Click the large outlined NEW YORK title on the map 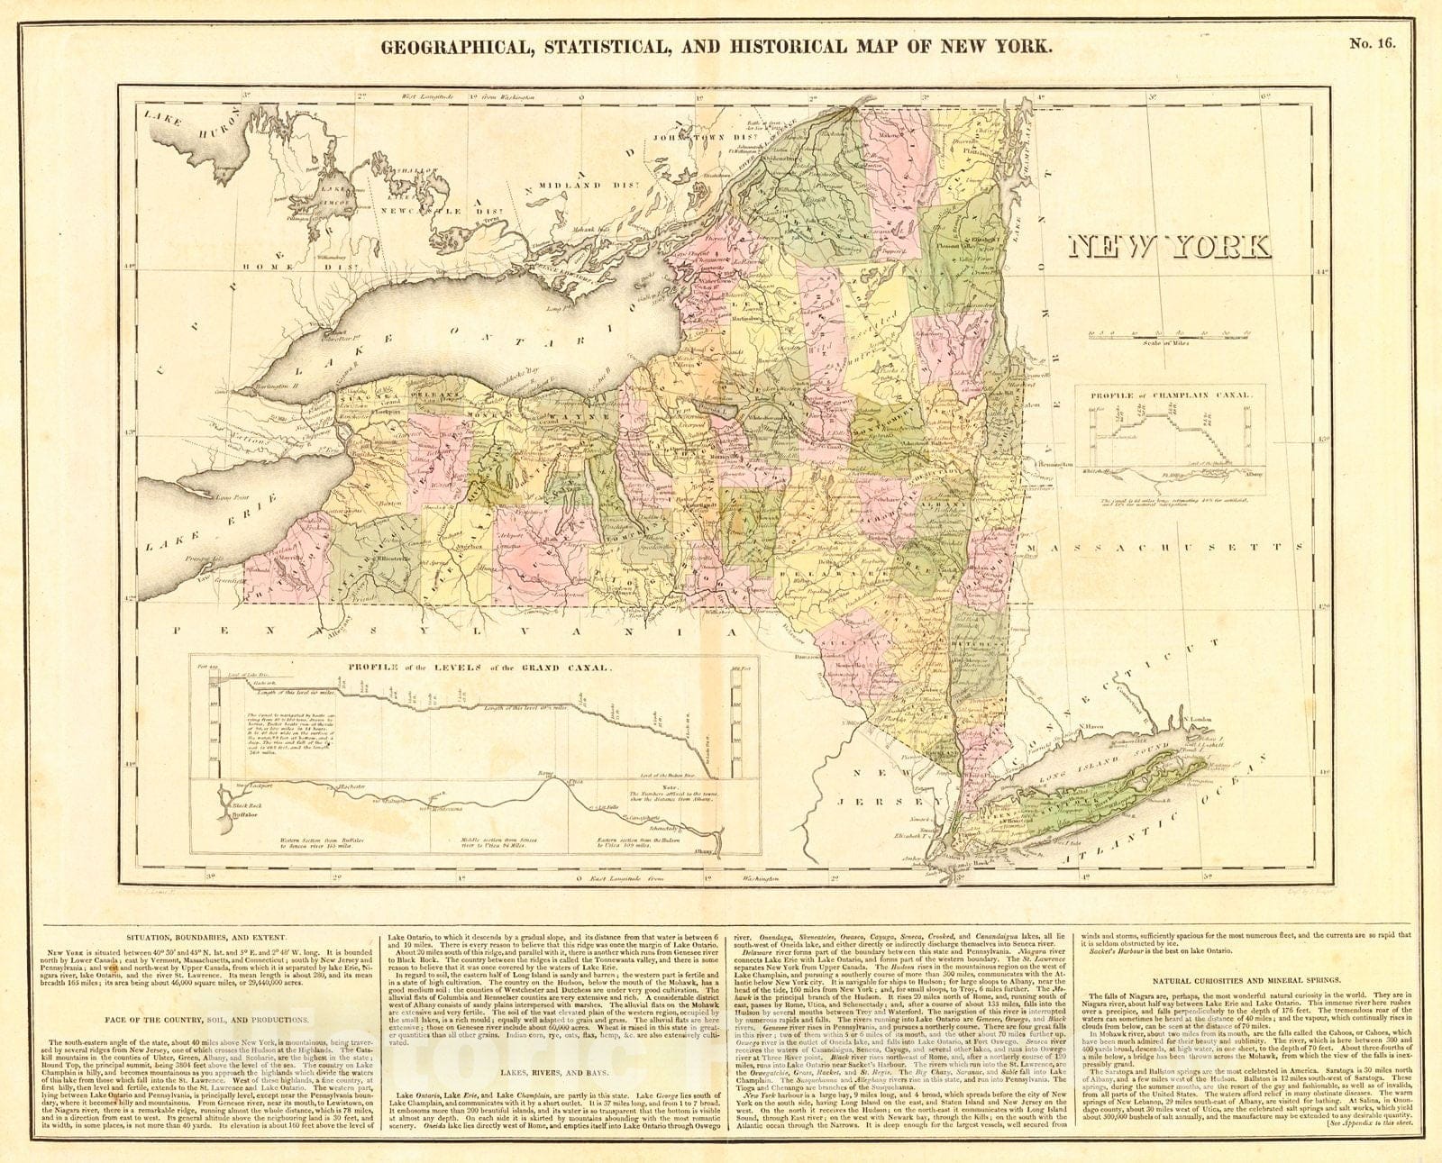tap(1169, 245)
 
